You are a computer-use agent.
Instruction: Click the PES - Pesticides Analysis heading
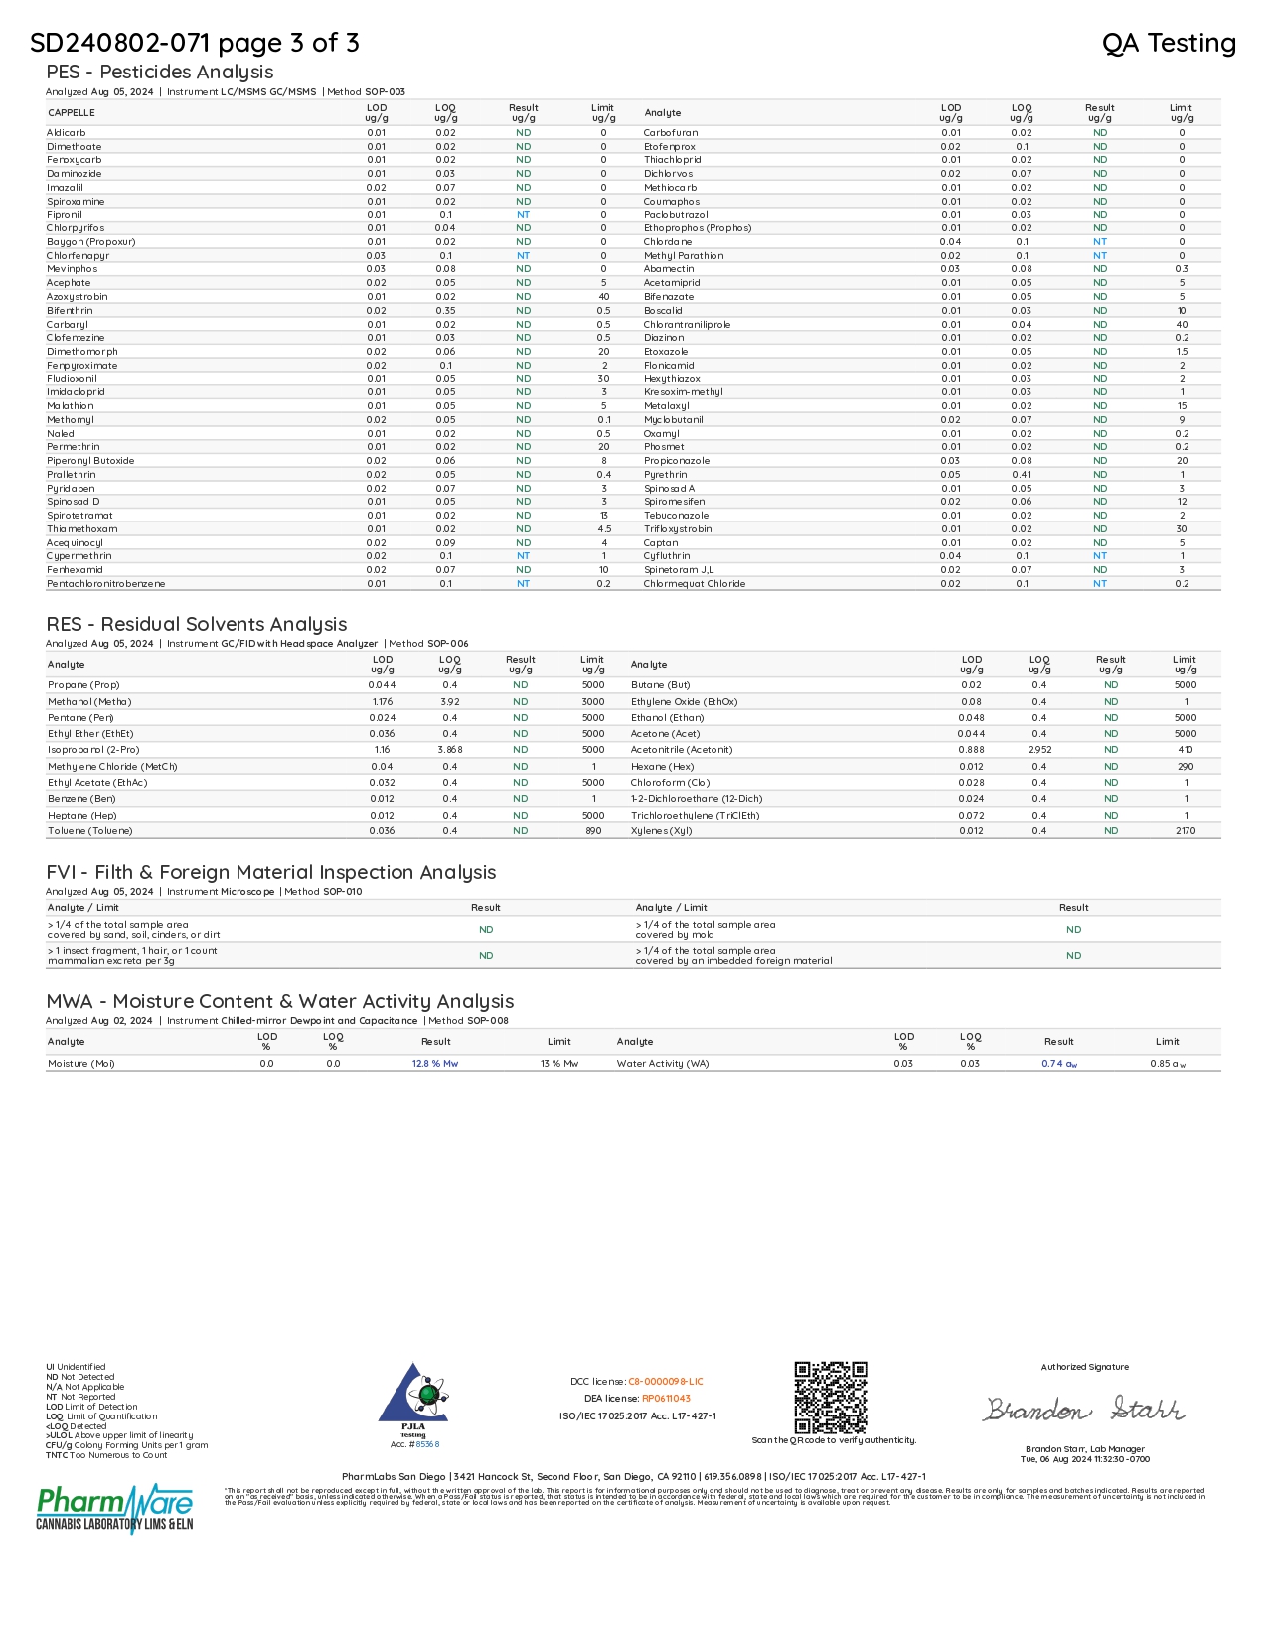point(159,72)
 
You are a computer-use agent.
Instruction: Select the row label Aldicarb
point(66,132)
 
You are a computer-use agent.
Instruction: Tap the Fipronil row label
point(64,215)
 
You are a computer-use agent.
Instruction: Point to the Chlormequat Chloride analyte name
point(694,584)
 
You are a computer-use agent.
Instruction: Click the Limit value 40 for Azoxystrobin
point(603,297)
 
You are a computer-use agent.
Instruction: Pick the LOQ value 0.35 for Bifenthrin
point(445,311)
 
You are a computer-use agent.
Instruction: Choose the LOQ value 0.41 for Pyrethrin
point(1022,475)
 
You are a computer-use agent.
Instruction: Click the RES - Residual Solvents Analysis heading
point(196,624)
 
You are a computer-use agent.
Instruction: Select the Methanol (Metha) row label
point(89,702)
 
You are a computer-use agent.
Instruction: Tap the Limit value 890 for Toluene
point(593,831)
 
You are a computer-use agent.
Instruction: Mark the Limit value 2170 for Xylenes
point(1186,831)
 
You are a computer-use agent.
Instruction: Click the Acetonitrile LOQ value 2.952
point(1039,750)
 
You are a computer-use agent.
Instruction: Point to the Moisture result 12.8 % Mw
point(435,1064)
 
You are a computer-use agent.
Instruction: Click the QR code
point(831,1397)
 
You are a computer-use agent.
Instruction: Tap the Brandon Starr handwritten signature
point(1084,1410)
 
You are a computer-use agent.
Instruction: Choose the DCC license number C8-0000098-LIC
point(665,1382)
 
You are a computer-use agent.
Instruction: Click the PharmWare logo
point(115,1507)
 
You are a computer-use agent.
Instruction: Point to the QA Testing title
point(1169,43)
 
